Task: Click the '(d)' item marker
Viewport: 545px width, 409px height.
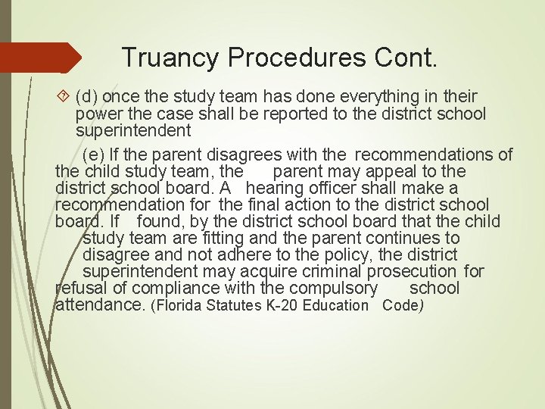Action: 87,97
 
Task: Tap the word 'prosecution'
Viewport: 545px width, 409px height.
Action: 413,272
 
